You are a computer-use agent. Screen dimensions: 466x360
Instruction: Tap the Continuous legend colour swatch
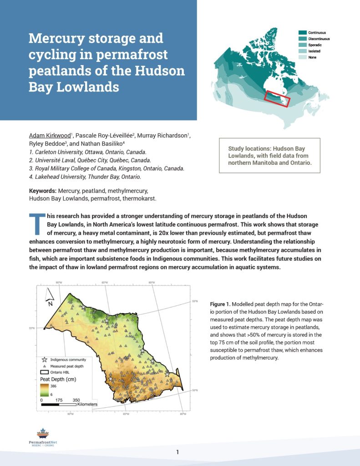click(x=302, y=33)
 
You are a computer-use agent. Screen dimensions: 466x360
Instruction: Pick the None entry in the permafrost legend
click(x=313, y=57)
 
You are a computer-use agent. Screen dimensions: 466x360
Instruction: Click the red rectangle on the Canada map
click(x=277, y=98)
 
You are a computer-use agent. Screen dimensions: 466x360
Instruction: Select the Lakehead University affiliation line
click(x=85, y=176)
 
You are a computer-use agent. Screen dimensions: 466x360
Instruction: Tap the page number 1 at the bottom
click(x=177, y=452)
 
